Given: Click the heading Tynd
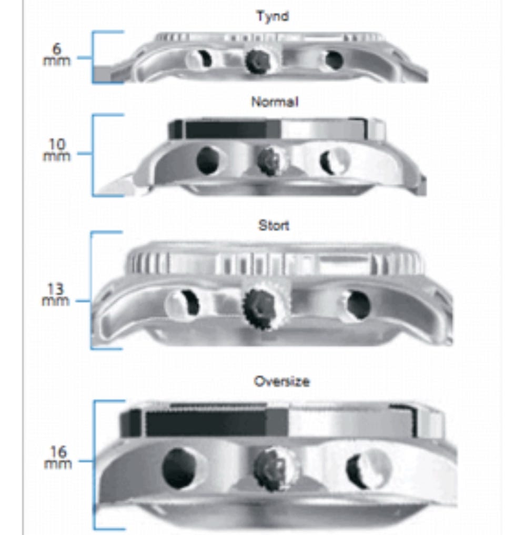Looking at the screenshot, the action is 272,16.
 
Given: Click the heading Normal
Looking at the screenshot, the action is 275,102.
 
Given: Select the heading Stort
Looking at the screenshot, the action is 274,226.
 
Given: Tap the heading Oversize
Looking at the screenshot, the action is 282,381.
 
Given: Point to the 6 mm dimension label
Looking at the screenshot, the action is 57,55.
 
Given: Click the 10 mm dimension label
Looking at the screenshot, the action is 57,150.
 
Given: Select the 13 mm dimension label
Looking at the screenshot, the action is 56,295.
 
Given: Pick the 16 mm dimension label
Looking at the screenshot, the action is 58,457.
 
